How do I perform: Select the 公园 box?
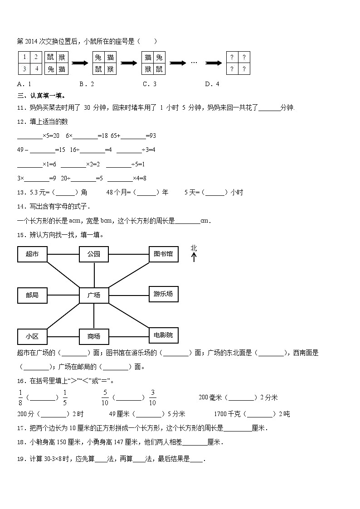[94, 254]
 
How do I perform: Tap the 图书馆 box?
[163, 254]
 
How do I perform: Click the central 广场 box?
[94, 295]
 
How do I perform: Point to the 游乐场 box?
[163, 294]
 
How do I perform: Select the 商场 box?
[94, 336]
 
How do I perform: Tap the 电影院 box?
[163, 335]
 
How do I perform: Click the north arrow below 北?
[194, 257]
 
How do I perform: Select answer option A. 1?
[24, 84]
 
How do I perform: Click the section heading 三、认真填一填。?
[41, 96]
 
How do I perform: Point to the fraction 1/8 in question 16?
[20, 397]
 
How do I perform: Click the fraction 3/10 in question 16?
[152, 397]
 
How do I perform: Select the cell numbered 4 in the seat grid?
[35, 69]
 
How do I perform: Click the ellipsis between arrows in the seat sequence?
[194, 63]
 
